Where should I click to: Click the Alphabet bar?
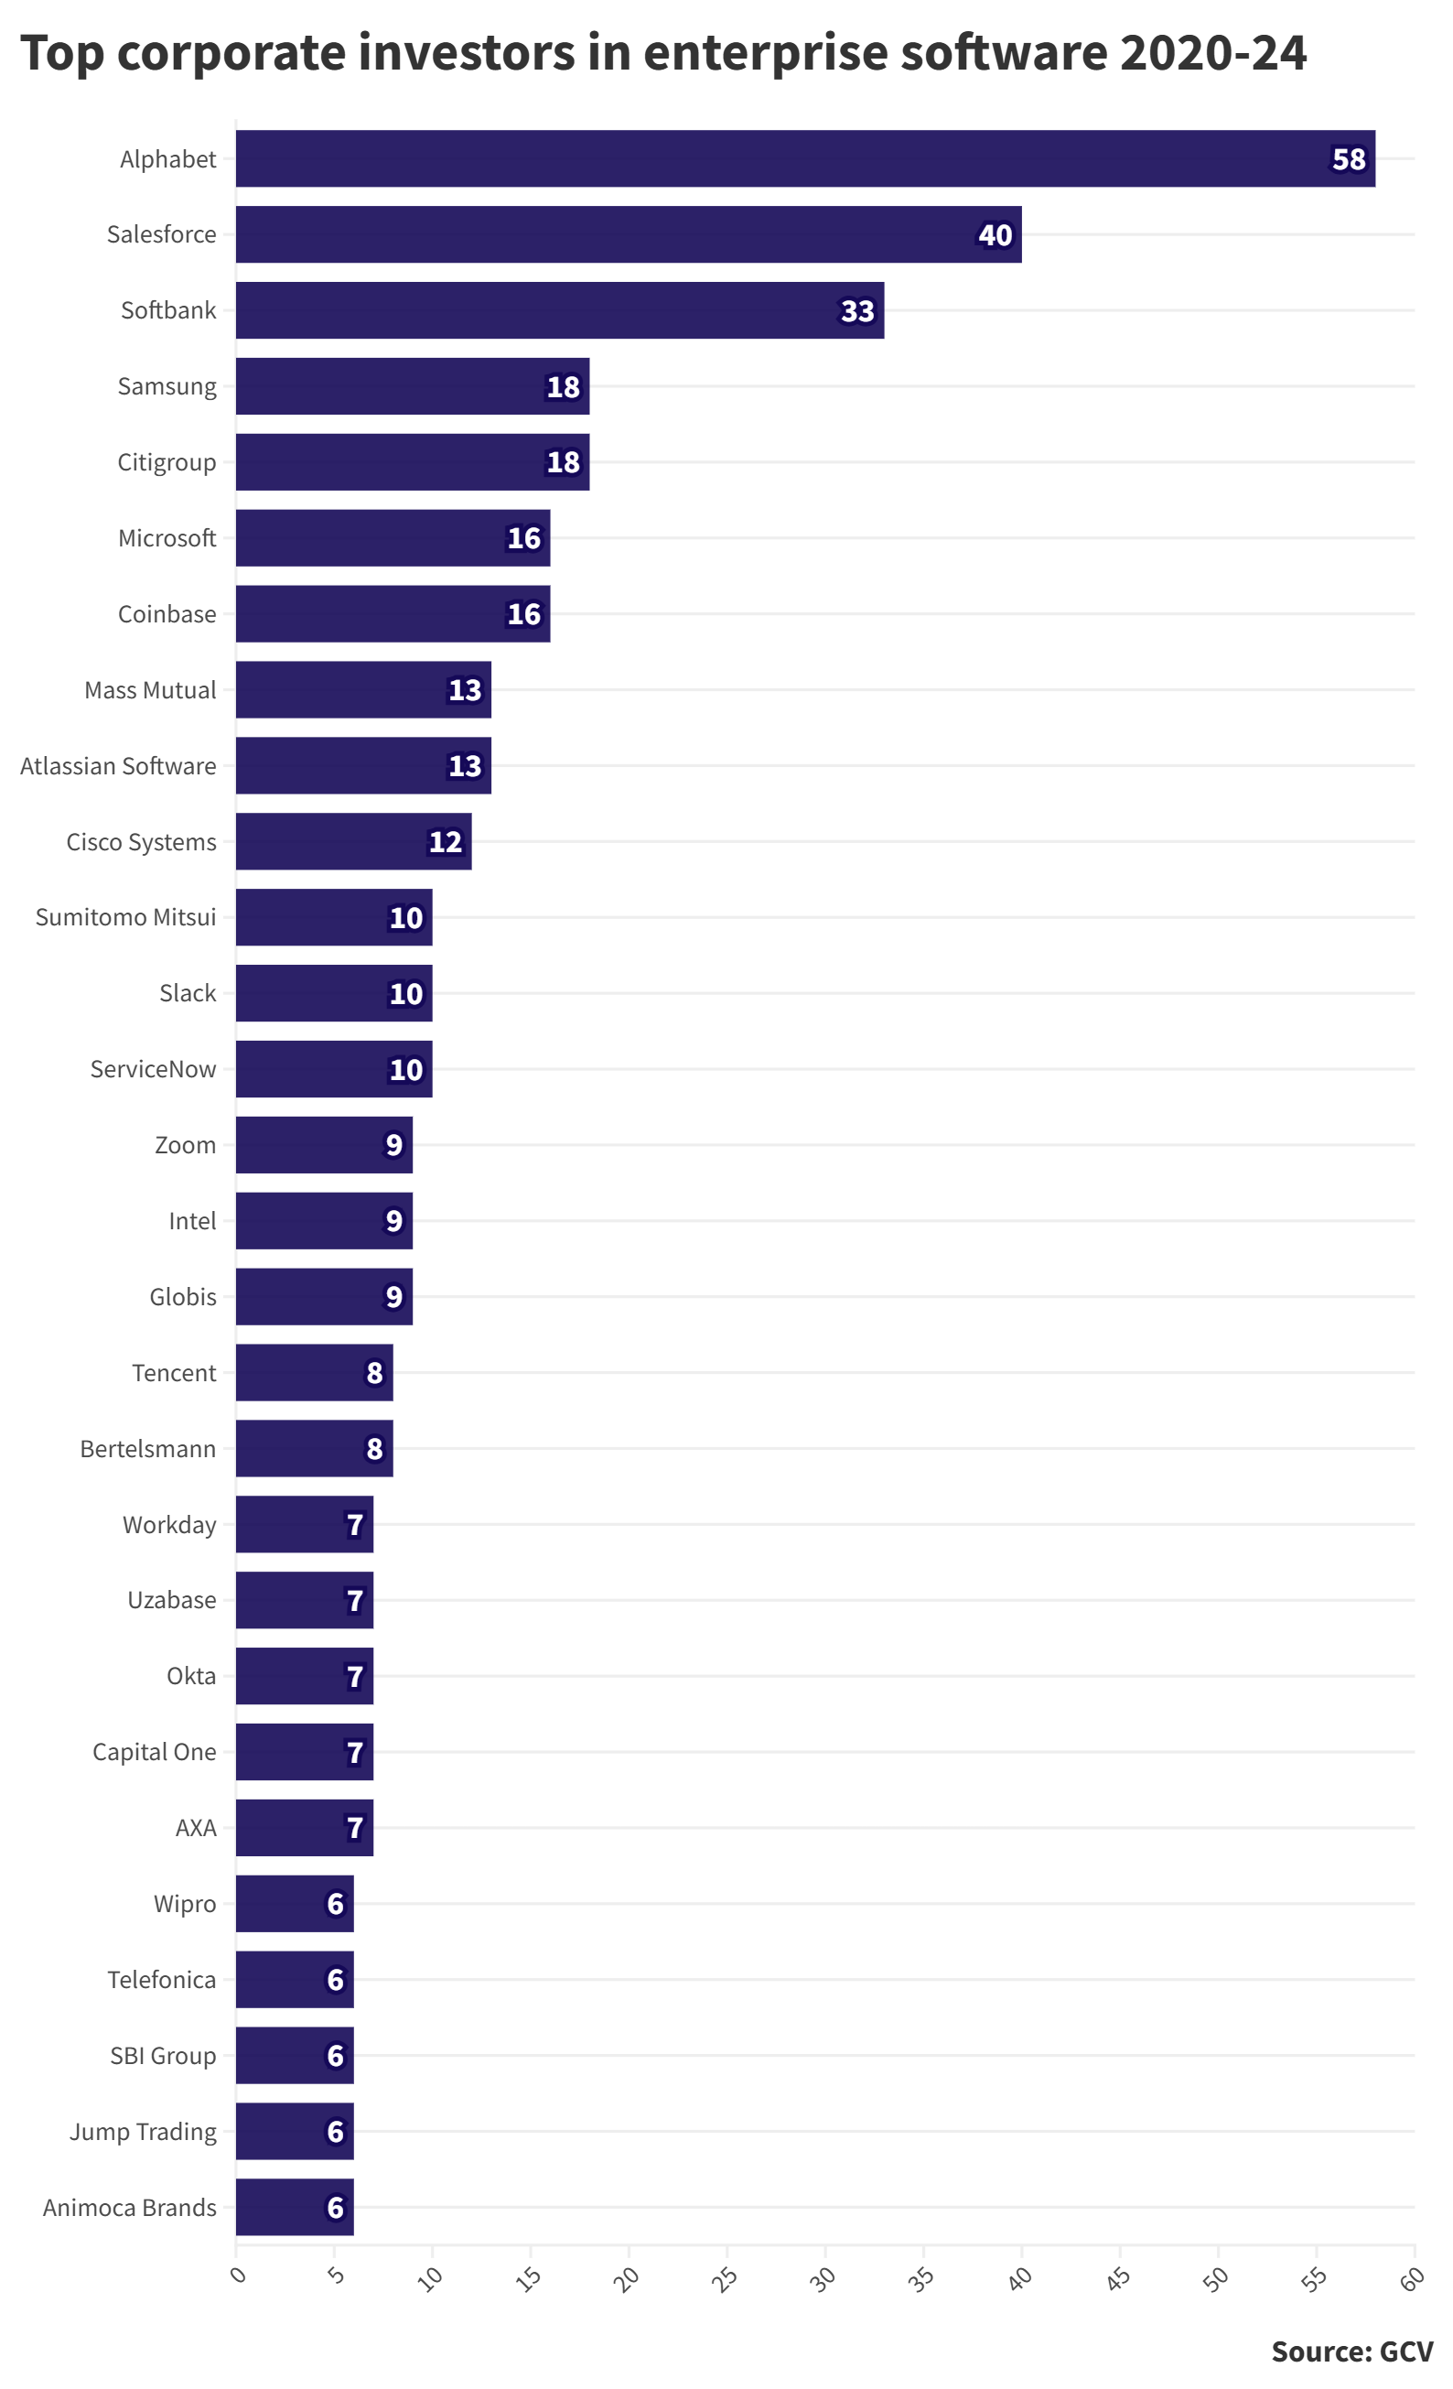pyautogui.click(x=804, y=159)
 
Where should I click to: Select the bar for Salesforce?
pyautogui.click(x=628, y=234)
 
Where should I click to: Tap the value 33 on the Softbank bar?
pyautogui.click(x=856, y=311)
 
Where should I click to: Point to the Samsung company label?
pyautogui.click(x=167, y=387)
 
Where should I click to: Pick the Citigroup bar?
pyautogui.click(x=412, y=462)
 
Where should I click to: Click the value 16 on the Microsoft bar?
pyautogui.click(x=523, y=538)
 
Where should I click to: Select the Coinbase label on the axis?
pyautogui.click(x=167, y=615)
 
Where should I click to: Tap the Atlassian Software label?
pyautogui.click(x=118, y=766)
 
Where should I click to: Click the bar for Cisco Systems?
pyautogui.click(x=353, y=841)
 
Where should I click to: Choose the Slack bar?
pyautogui.click(x=333, y=993)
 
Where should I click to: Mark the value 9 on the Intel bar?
pyautogui.click(x=393, y=1221)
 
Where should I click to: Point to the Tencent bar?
pyautogui.click(x=314, y=1373)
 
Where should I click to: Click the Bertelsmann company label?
pyautogui.click(x=148, y=1449)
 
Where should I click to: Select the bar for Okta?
pyautogui.click(x=305, y=1676)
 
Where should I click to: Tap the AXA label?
pyautogui.click(x=196, y=1828)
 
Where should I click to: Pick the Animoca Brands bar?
pyautogui.click(x=295, y=2208)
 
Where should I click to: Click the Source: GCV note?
pyautogui.click(x=1351, y=2352)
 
